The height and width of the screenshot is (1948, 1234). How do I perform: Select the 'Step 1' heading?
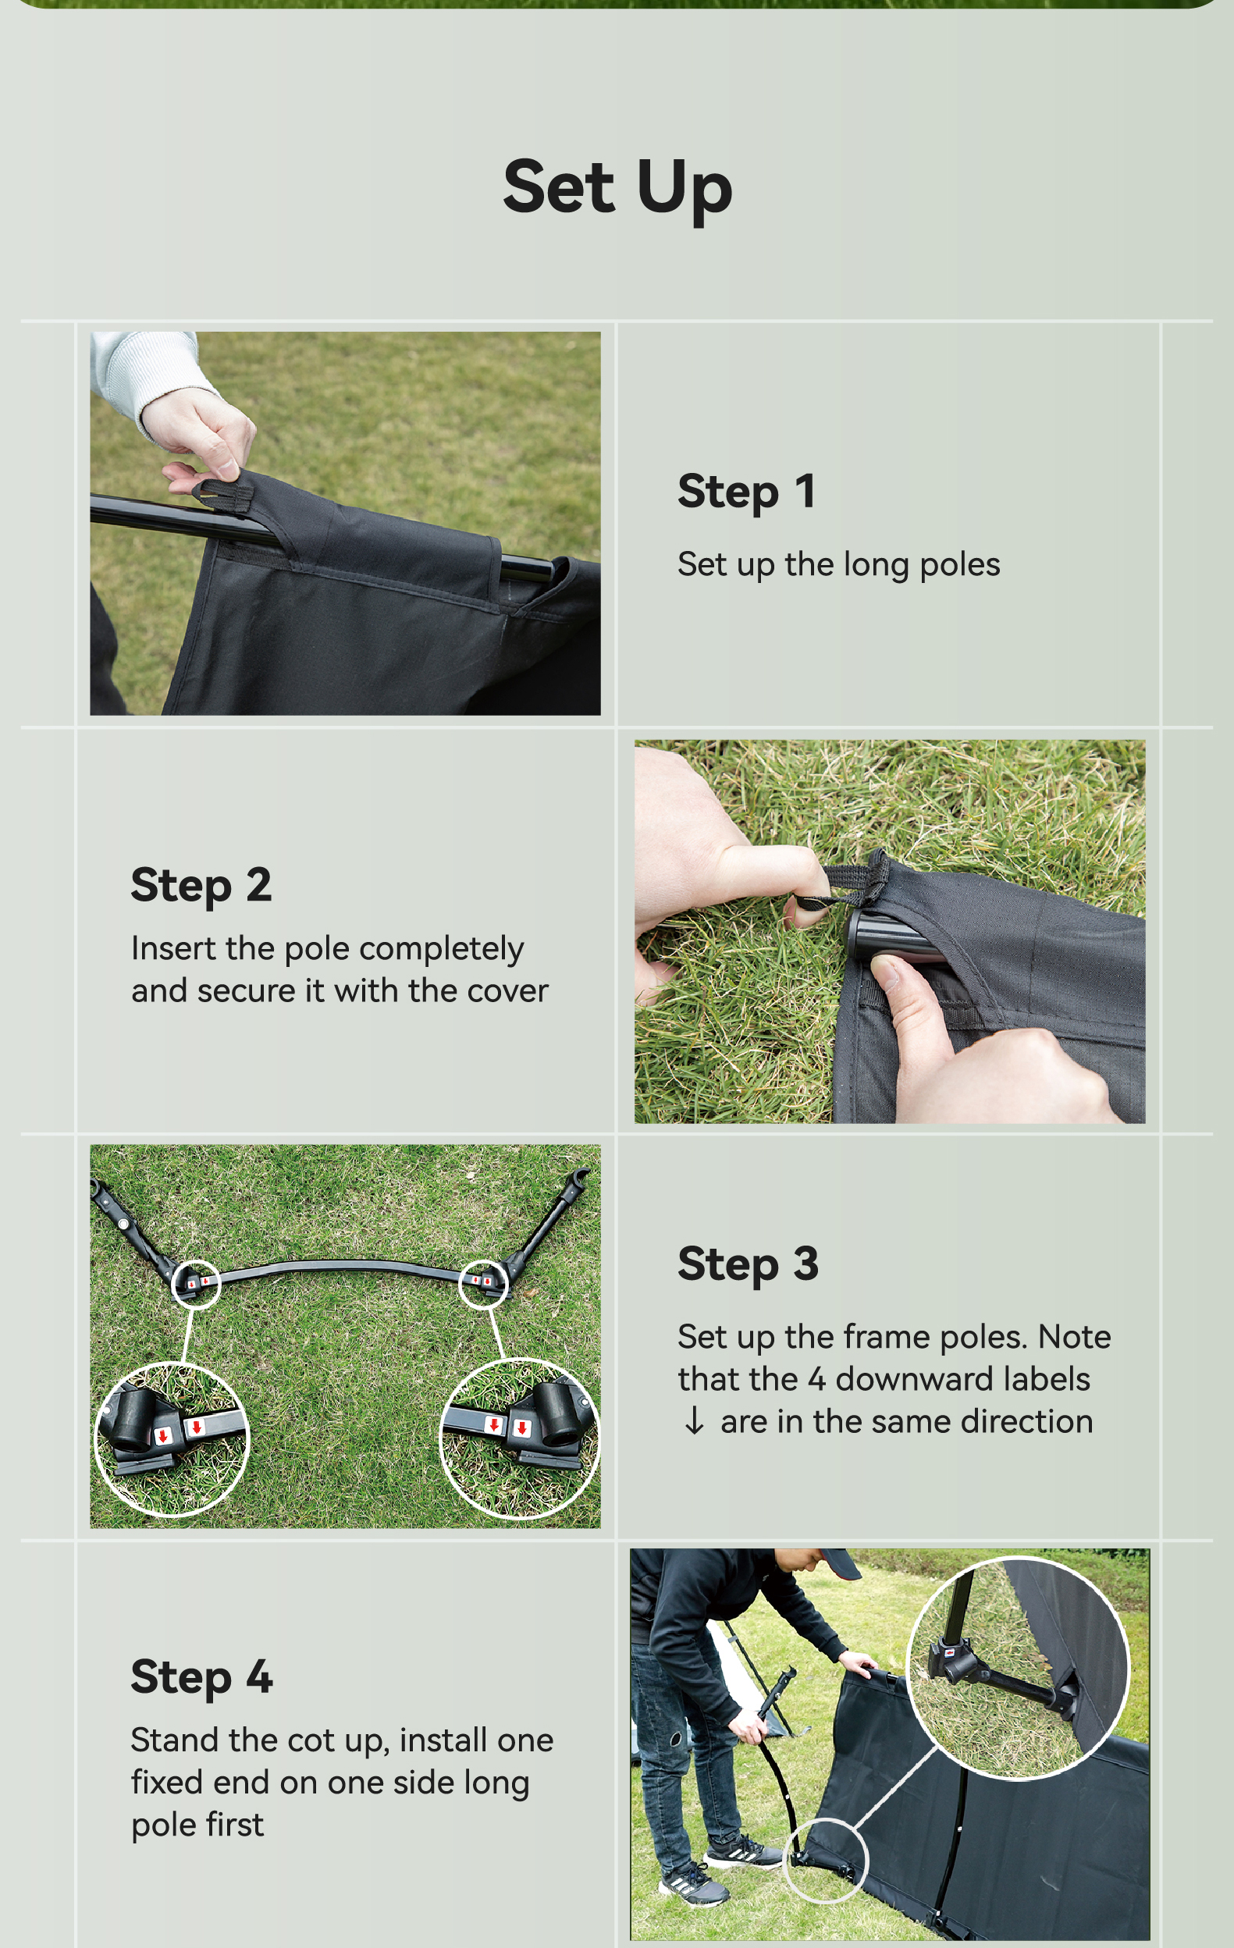pyautogui.click(x=746, y=491)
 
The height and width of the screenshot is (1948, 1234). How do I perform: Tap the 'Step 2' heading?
pyautogui.click(x=201, y=884)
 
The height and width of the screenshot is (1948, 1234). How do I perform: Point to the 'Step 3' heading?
pyautogui.click(x=749, y=1264)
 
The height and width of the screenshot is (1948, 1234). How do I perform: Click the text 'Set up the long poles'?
pyautogui.click(x=839, y=565)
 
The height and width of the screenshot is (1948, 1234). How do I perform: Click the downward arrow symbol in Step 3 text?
pyautogui.click(x=693, y=1420)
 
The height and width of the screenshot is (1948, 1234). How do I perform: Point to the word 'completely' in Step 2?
pyautogui.click(x=442, y=950)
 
